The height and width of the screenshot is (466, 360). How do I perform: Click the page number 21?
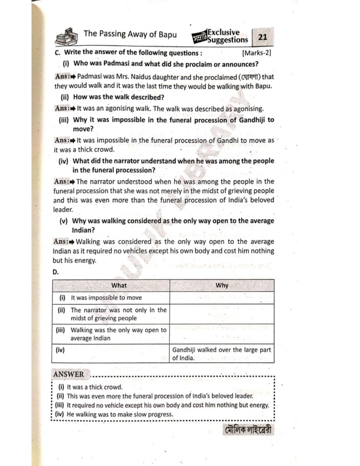click(263, 37)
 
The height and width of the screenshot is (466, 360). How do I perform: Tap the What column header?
click(119, 285)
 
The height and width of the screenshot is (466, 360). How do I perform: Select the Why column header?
click(222, 285)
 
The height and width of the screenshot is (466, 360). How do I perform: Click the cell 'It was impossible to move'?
click(106, 298)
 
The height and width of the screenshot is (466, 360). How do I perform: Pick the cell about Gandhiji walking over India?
click(222, 354)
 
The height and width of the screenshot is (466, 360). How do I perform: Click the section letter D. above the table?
click(56, 272)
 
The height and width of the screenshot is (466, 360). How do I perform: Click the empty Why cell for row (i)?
click(222, 298)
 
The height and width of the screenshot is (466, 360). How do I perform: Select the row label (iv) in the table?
click(60, 350)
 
